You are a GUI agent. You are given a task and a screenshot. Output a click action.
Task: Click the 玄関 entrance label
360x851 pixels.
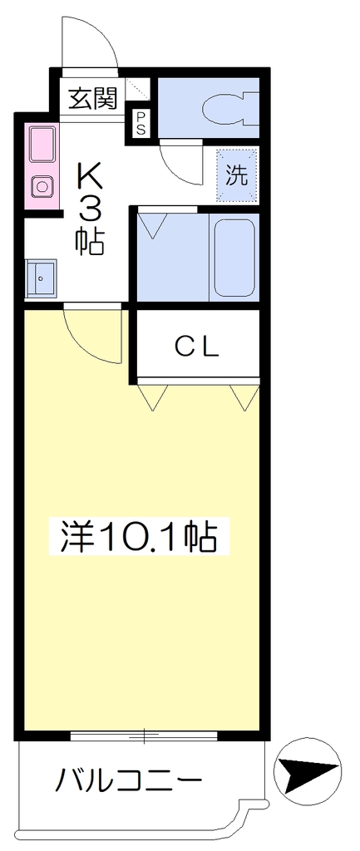coord(92,99)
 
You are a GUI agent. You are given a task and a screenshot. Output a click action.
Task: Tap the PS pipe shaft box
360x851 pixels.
coord(140,123)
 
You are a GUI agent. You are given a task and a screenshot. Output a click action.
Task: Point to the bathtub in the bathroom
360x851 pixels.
coord(234,257)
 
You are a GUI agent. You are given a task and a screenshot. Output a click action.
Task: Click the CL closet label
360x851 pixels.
coord(197,347)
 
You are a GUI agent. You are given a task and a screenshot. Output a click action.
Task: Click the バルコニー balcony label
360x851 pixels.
coord(130,781)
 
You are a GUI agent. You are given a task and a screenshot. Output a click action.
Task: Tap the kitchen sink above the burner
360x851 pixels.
coord(42,146)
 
